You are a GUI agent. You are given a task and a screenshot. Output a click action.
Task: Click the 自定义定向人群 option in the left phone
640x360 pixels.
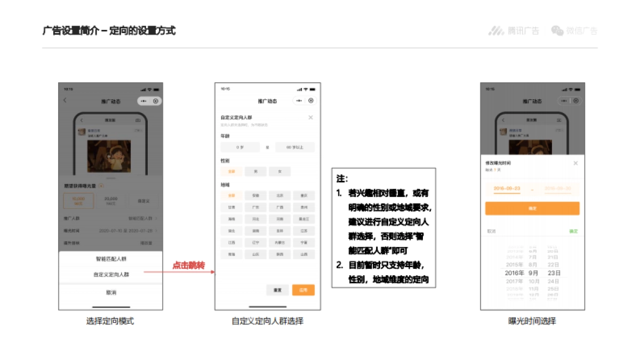pos(111,275)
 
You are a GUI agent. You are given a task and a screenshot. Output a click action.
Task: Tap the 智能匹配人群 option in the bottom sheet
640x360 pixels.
pos(111,259)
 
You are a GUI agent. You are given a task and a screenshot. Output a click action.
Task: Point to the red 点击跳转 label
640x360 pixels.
pos(188,266)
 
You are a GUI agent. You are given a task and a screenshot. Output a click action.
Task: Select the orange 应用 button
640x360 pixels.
pos(303,290)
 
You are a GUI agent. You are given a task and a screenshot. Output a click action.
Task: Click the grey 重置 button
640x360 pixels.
pos(277,290)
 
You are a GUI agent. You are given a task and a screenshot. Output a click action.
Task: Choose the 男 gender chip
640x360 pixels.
pos(255,172)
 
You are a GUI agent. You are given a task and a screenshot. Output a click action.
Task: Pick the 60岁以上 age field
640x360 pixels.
pos(295,147)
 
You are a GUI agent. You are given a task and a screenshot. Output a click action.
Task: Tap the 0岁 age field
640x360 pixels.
pos(240,147)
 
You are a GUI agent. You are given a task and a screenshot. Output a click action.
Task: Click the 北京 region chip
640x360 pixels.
pos(279,196)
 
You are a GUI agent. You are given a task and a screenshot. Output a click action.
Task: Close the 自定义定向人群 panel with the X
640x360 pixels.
pos(310,117)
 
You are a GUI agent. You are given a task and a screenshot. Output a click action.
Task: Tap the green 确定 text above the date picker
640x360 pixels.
pos(573,231)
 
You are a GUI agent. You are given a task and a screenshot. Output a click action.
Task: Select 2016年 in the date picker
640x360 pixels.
pos(515,273)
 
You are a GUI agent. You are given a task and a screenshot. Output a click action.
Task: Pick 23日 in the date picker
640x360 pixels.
pos(553,273)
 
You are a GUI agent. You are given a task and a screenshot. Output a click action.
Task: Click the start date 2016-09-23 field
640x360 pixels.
pos(507,189)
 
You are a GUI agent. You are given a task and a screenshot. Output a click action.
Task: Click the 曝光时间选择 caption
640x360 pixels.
pos(532,321)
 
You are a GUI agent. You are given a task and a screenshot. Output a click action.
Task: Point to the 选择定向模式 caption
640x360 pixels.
pos(110,321)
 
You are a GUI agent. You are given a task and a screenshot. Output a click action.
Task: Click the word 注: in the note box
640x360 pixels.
pos(342,179)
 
